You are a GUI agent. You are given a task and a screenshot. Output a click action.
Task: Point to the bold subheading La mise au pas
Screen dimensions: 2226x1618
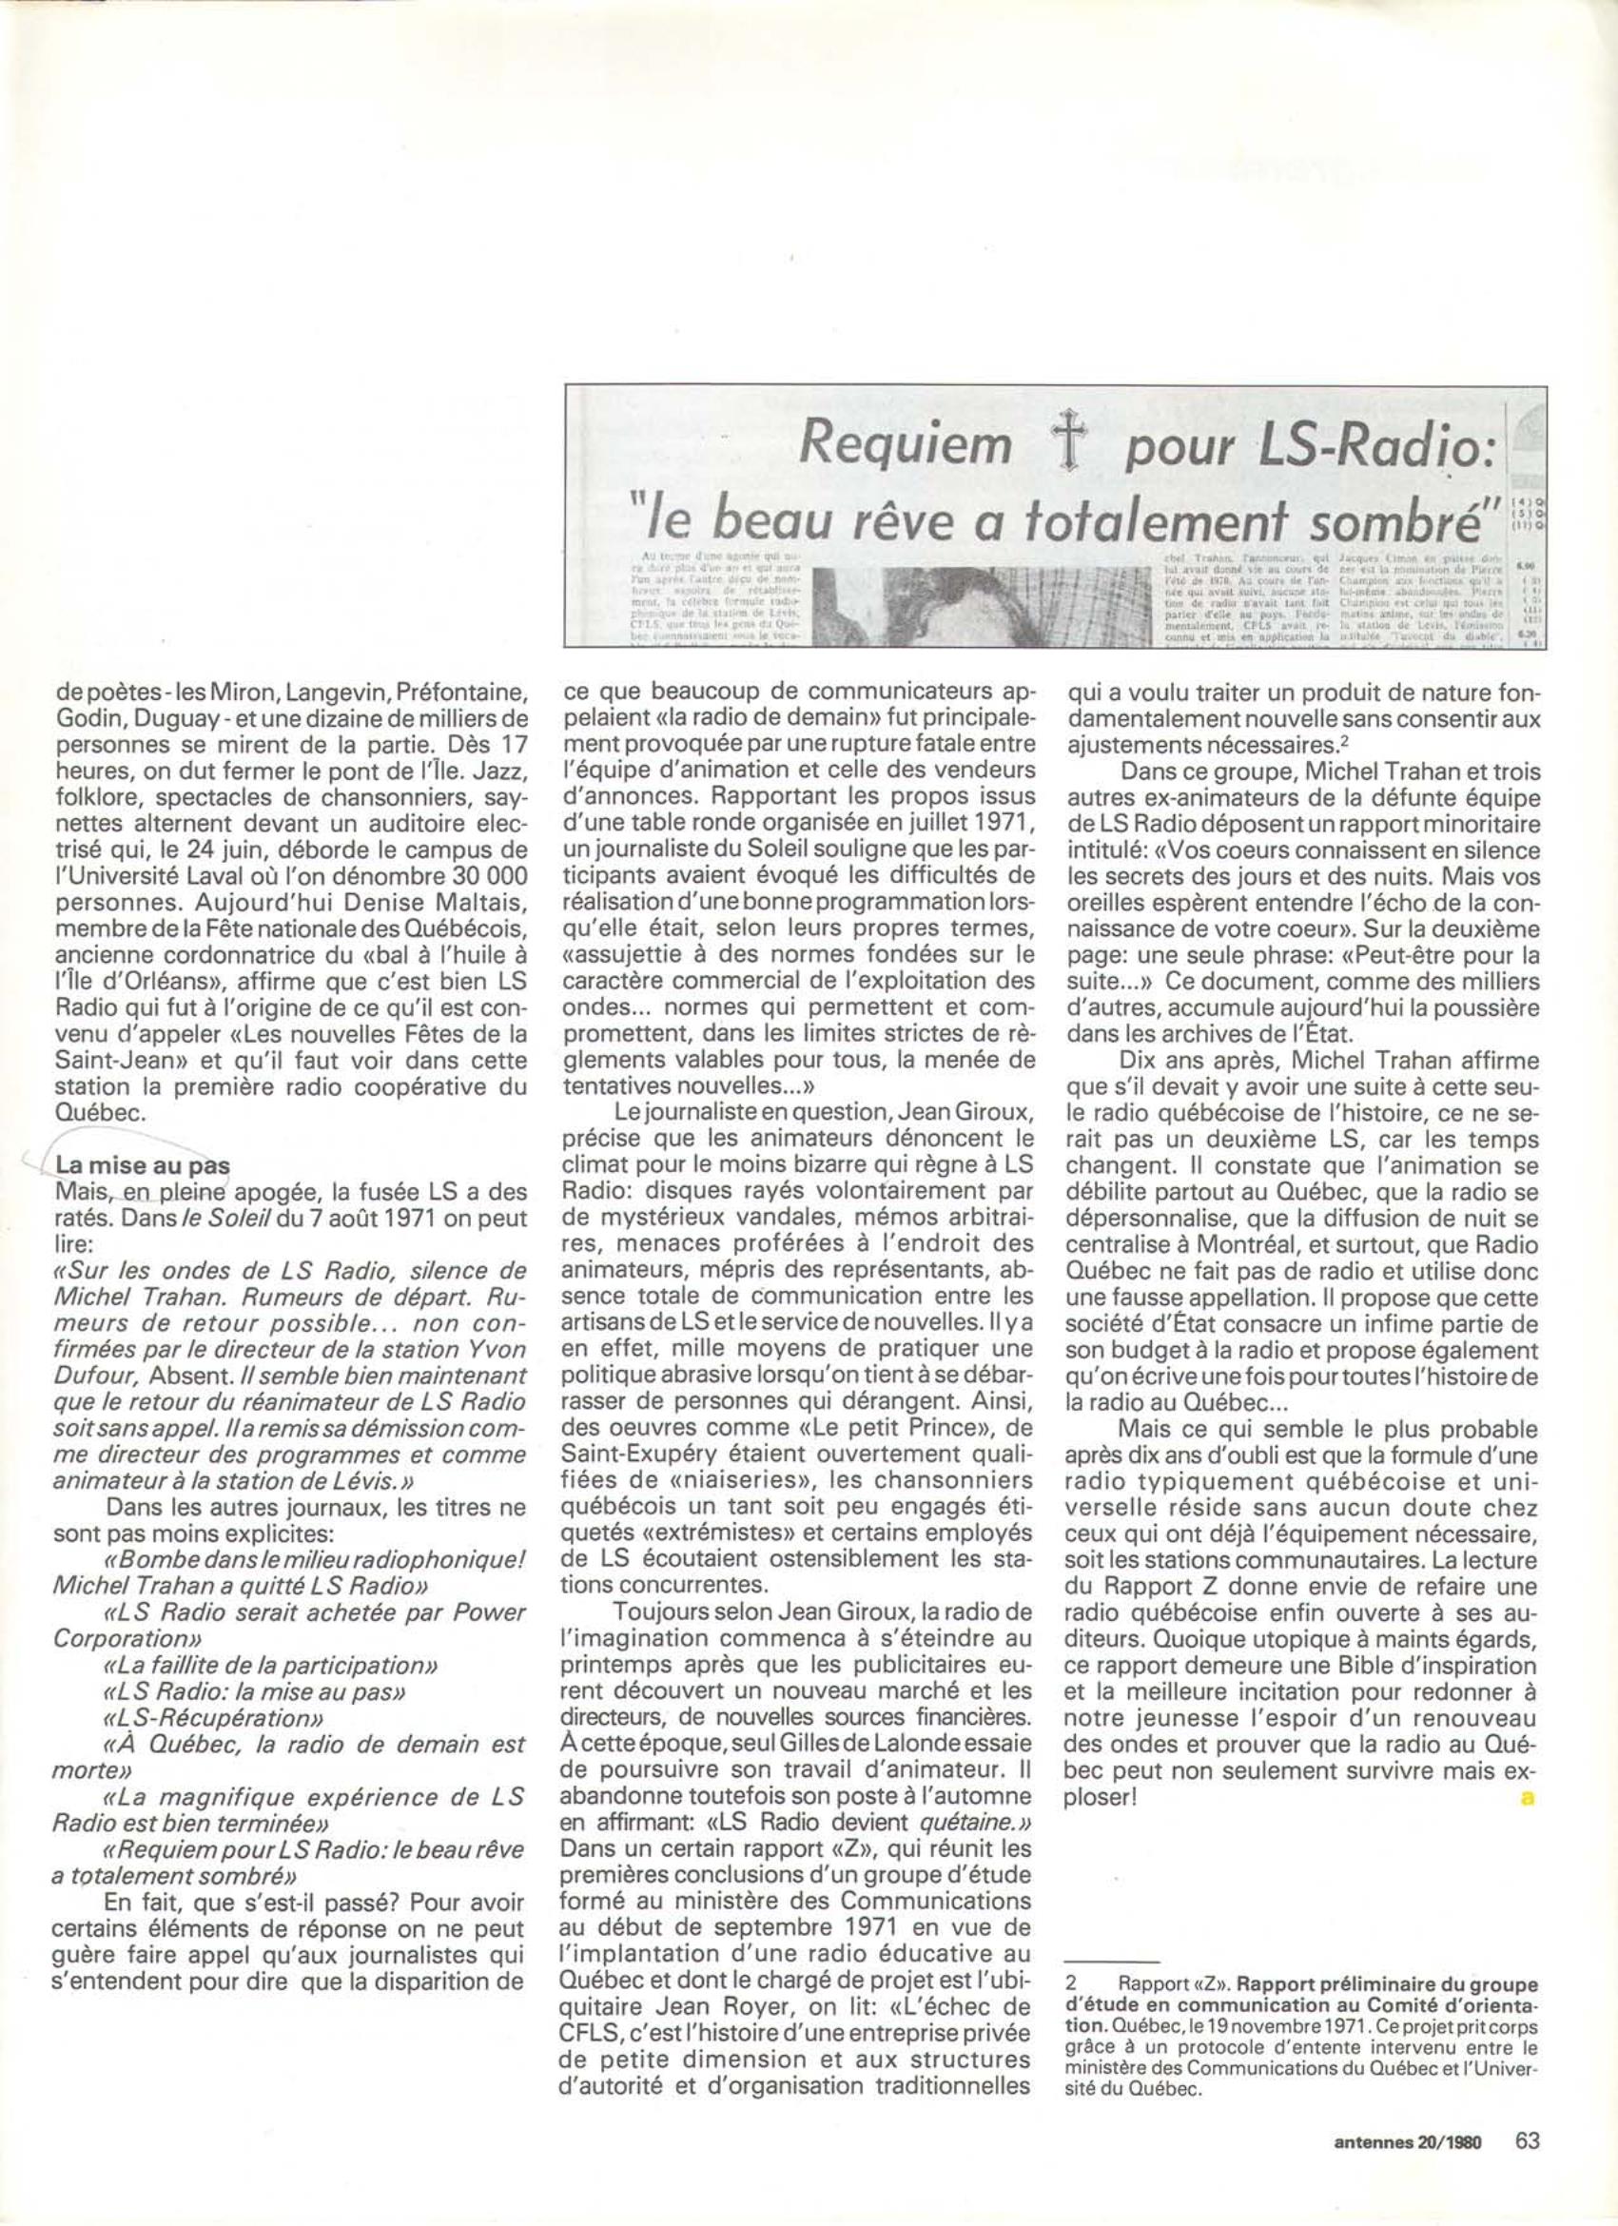143,1165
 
